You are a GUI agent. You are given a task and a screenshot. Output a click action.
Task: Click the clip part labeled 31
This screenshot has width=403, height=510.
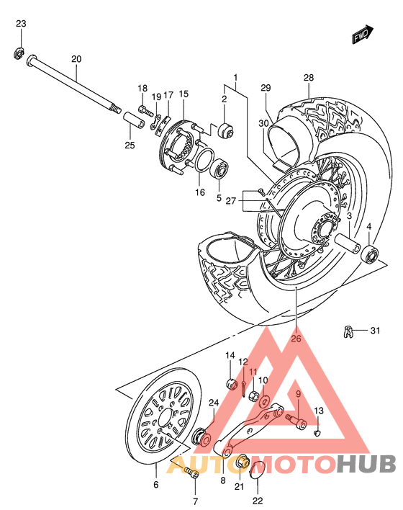tap(349, 332)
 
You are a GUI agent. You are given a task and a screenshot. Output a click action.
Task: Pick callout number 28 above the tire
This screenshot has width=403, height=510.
tap(309, 78)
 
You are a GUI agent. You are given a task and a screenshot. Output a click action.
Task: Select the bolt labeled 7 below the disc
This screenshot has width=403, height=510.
tap(191, 473)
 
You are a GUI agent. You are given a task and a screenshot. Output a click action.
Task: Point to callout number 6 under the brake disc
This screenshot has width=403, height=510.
tap(155, 485)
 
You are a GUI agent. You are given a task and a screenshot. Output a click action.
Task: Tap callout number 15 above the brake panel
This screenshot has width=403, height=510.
tap(184, 94)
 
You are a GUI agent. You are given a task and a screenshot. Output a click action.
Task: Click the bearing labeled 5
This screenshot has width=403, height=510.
tap(219, 171)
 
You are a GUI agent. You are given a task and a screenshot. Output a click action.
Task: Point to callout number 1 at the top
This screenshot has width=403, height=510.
tap(235, 77)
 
